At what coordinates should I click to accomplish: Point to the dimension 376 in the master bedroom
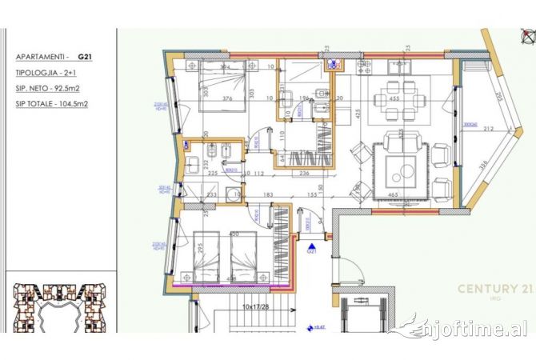click(227, 100)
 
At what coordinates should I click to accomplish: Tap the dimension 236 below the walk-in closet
click(303, 171)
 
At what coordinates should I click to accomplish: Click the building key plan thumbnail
click(56, 308)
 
